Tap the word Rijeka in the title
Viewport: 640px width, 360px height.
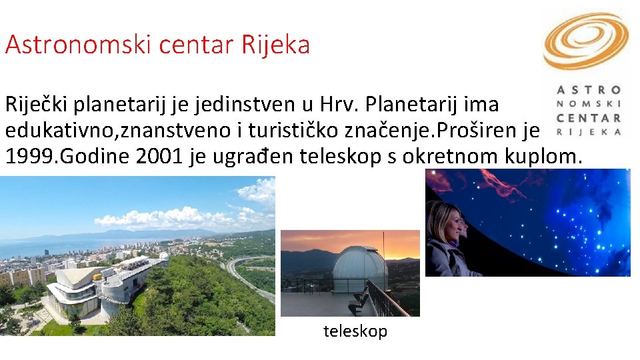pyautogui.click(x=277, y=45)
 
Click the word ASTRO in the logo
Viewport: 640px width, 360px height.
pyautogui.click(x=588, y=89)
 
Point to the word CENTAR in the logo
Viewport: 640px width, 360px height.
pyautogui.click(x=588, y=118)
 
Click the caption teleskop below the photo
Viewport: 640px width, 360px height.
pyautogui.click(x=355, y=331)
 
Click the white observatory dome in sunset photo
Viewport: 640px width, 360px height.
pyautogui.click(x=359, y=267)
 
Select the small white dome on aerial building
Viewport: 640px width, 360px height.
pyautogui.click(x=163, y=255)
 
